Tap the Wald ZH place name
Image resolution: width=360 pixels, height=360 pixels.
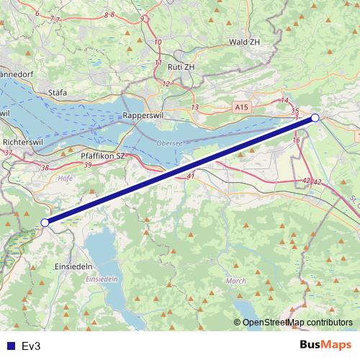243,42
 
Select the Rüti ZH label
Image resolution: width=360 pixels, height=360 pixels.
181,66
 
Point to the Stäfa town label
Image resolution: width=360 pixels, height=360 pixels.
57,93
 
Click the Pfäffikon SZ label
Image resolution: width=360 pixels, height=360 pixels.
103,156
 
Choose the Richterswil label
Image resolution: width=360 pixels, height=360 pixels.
24,143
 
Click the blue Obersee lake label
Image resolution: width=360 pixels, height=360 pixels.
169,143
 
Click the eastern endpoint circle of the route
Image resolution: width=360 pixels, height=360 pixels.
315,117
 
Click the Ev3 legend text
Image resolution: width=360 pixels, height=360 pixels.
32,346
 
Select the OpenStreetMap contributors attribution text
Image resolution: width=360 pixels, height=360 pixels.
297,323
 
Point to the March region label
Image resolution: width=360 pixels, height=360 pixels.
236,281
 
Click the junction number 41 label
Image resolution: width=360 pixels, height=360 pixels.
190,176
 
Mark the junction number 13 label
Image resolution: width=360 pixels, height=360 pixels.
194,107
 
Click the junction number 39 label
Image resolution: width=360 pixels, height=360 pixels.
88,165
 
